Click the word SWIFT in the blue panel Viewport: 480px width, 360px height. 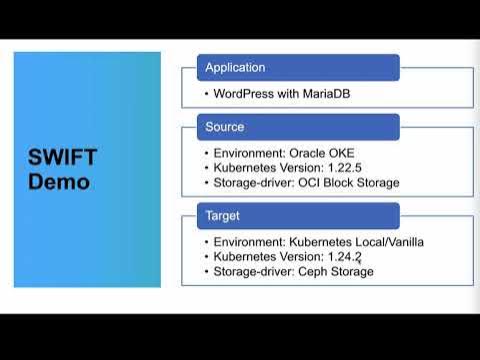62,161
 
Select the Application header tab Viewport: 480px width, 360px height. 235,68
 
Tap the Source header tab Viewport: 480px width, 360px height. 225,127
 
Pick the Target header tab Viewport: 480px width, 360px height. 222,216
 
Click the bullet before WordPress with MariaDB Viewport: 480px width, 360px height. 206,94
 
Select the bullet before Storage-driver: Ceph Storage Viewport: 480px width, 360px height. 206,271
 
